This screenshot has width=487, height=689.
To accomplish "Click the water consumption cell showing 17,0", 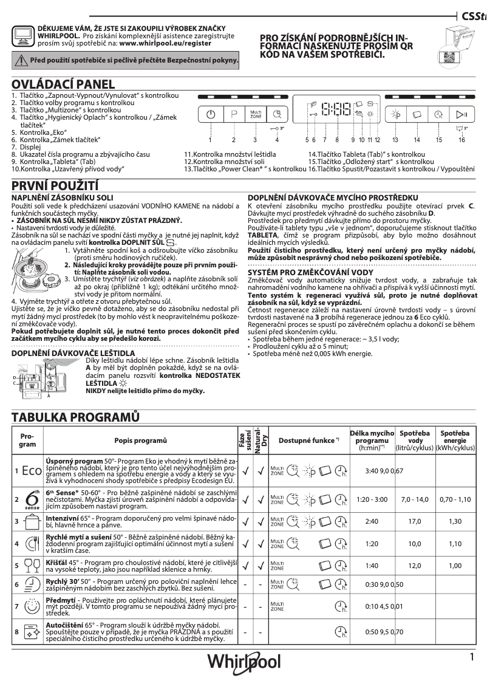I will [415, 521].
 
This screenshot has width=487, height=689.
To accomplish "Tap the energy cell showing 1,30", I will [455, 521].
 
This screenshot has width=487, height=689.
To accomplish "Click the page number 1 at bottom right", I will [471, 657].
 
